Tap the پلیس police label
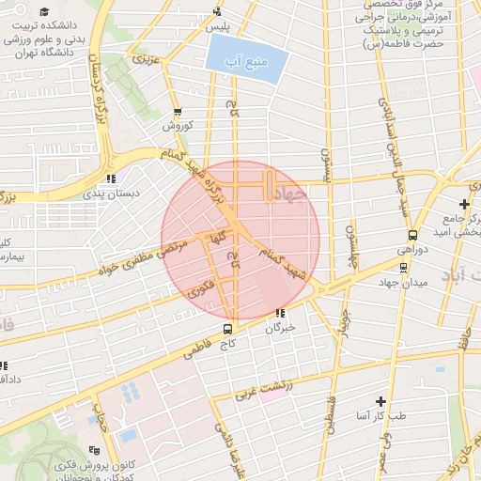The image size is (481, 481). coord(218,29)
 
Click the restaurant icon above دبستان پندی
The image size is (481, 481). coord(111,177)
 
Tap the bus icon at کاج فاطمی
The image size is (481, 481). coord(227,329)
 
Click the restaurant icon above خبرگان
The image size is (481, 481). coord(280,313)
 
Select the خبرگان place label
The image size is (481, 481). coord(280,328)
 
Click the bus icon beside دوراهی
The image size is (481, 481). coord(412,235)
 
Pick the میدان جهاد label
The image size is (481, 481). coord(403,282)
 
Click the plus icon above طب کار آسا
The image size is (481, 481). coord(380,400)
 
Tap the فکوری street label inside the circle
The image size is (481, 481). coord(200,287)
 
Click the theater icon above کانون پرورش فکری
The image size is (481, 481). coord(91,452)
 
